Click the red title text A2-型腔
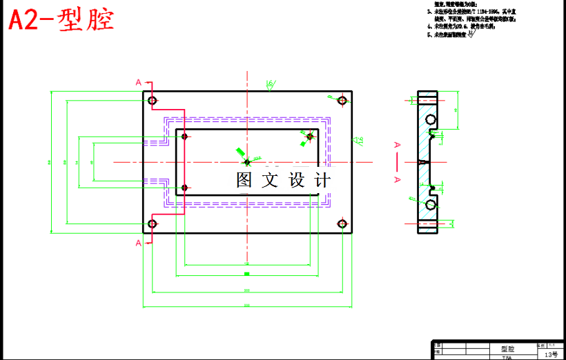(61, 20)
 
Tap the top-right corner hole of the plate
(342, 100)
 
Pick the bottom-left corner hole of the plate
(153, 223)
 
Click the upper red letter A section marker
(139, 83)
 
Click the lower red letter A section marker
(139, 243)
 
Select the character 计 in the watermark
(323, 181)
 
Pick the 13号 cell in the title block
(551, 354)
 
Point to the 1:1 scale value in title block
(551, 343)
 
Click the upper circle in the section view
(431, 120)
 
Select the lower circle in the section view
(431, 205)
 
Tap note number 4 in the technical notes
(429, 27)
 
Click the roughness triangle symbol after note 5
(471, 37)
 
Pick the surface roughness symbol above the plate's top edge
(269, 85)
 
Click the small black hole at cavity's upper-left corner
(185, 137)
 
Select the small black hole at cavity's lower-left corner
(185, 187)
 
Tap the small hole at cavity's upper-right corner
(309, 137)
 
